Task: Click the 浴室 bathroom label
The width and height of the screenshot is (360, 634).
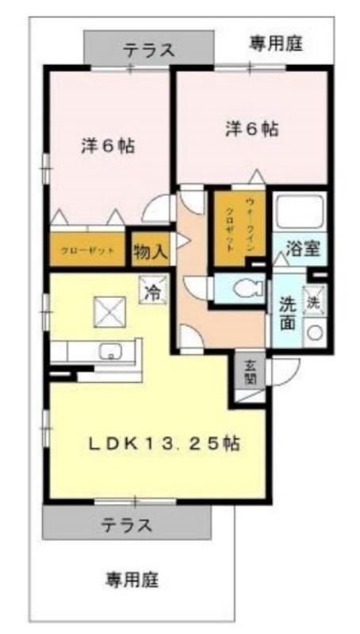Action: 303,247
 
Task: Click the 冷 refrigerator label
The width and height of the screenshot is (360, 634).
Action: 151,290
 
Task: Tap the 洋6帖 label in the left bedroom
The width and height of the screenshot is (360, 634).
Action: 107,147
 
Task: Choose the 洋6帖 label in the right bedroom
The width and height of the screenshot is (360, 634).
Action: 251,128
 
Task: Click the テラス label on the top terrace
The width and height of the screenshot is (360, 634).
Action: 148,50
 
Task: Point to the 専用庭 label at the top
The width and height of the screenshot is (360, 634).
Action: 278,41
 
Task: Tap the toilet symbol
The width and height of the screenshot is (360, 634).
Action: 243,288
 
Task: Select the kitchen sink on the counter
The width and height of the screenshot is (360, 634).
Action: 107,351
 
